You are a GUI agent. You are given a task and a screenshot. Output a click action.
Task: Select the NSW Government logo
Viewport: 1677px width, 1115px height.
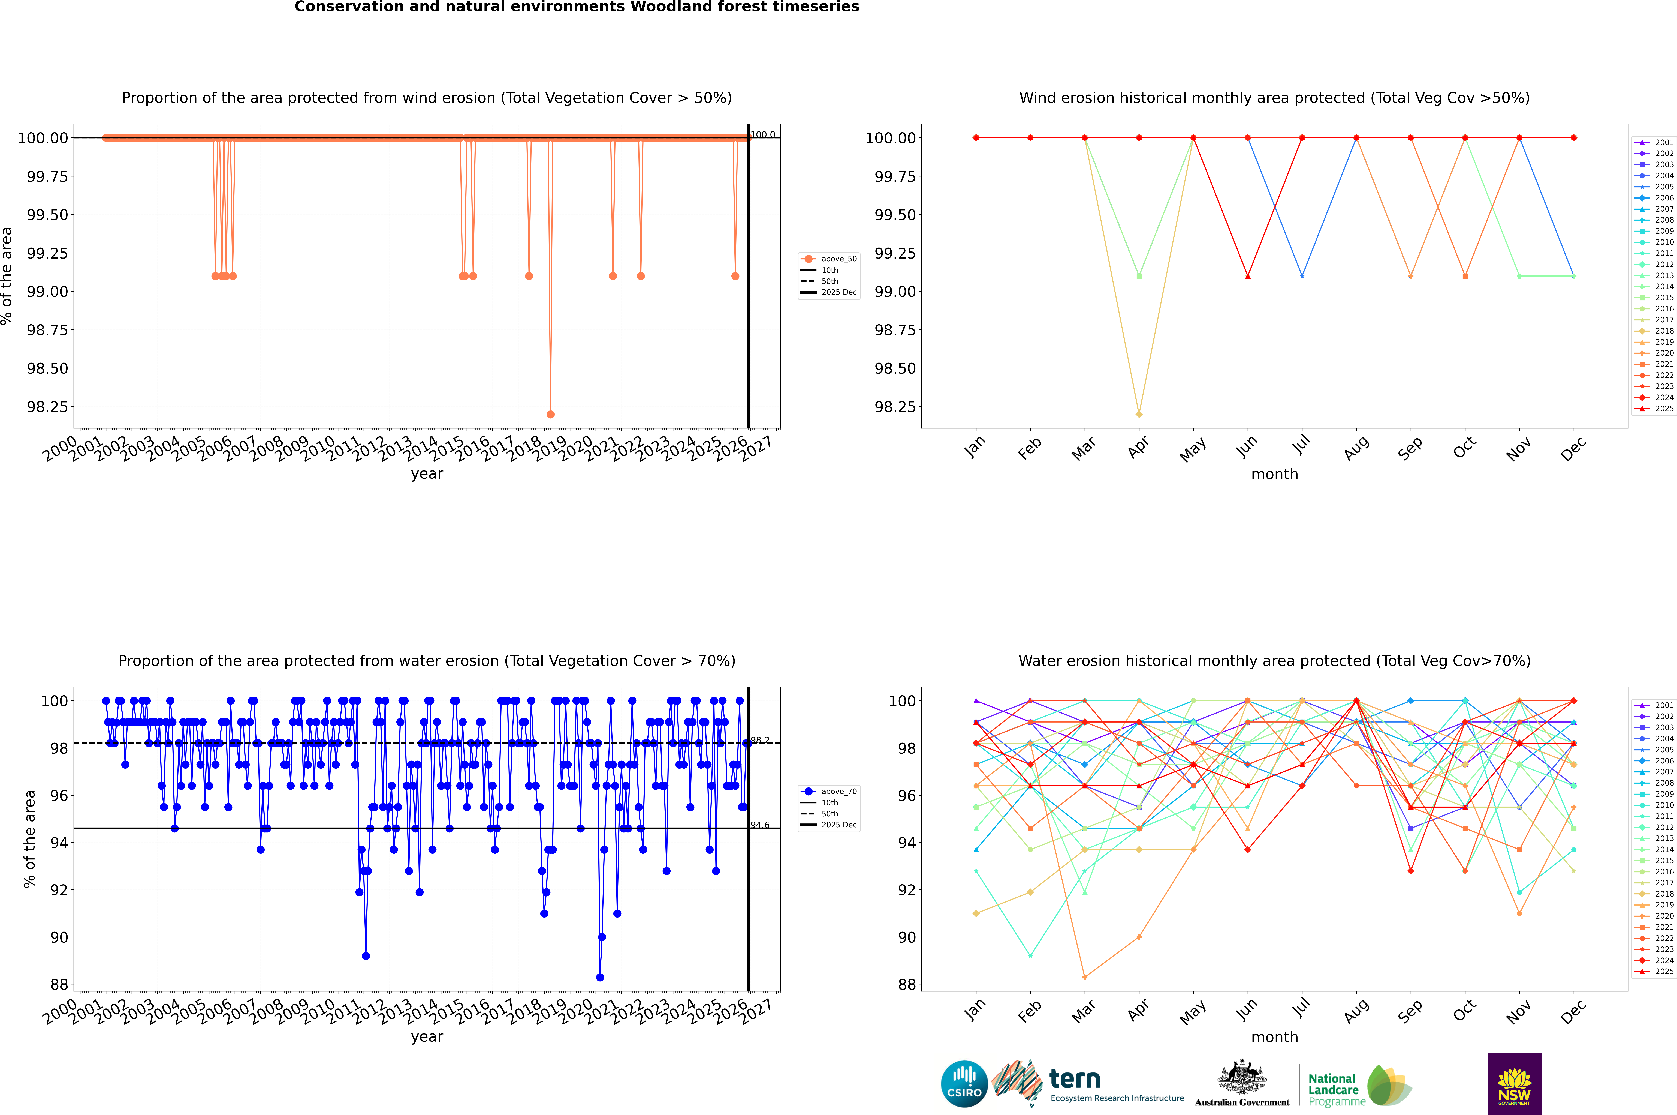tap(1514, 1083)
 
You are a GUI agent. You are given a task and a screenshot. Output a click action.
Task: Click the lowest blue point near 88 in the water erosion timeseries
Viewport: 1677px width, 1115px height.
tap(600, 977)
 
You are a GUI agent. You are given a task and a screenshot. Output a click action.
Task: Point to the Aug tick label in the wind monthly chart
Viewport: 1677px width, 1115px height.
tap(1356, 448)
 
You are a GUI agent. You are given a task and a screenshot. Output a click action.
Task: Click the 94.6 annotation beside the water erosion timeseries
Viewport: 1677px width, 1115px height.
tap(760, 825)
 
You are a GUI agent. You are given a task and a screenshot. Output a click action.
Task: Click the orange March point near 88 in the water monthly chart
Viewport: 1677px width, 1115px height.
tap(1084, 977)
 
